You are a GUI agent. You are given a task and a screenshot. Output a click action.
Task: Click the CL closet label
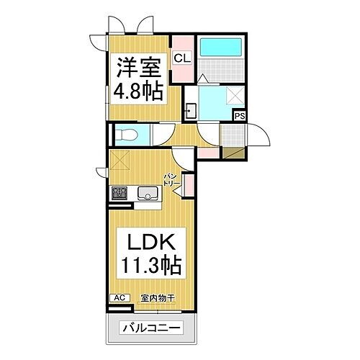182,58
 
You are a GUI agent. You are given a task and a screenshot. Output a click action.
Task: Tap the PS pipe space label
240,116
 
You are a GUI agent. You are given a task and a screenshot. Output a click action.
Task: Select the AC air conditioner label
120,298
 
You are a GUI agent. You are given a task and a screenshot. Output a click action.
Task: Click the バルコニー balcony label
151,328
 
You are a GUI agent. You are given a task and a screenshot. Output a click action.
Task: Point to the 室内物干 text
158,298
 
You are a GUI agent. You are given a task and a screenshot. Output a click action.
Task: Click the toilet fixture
127,135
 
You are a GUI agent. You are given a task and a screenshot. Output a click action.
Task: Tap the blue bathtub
221,48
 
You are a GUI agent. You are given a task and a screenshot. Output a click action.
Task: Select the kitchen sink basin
148,193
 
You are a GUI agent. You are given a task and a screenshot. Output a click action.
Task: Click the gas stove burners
120,193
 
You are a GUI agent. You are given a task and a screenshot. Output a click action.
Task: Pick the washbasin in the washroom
192,111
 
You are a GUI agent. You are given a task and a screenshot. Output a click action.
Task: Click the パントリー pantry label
171,180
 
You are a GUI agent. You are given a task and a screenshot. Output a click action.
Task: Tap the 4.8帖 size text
138,92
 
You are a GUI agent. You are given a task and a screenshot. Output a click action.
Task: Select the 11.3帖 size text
151,266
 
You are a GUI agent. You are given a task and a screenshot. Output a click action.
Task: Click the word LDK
151,242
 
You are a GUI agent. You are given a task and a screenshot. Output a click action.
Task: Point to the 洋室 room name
138,68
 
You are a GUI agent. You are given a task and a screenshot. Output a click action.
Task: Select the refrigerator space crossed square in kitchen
120,160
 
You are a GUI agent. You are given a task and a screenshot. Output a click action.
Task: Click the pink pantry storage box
189,185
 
